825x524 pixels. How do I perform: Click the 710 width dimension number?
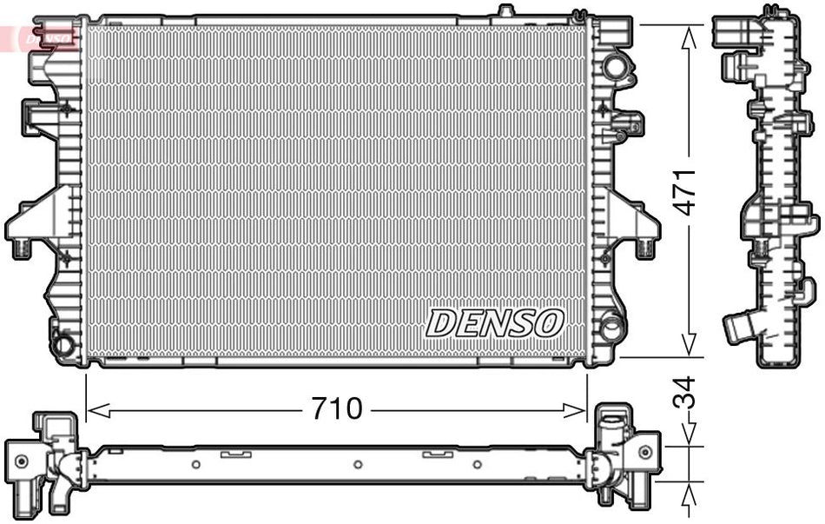coord(338,408)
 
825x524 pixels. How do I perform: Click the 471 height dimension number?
coord(686,191)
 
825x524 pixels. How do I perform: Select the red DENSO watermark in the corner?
coord(39,37)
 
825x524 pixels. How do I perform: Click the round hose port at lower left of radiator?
coord(63,344)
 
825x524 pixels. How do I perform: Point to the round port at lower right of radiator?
coord(611,328)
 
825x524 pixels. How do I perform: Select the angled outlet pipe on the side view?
coord(740,328)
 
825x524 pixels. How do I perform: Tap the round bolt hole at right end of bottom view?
coord(644,450)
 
